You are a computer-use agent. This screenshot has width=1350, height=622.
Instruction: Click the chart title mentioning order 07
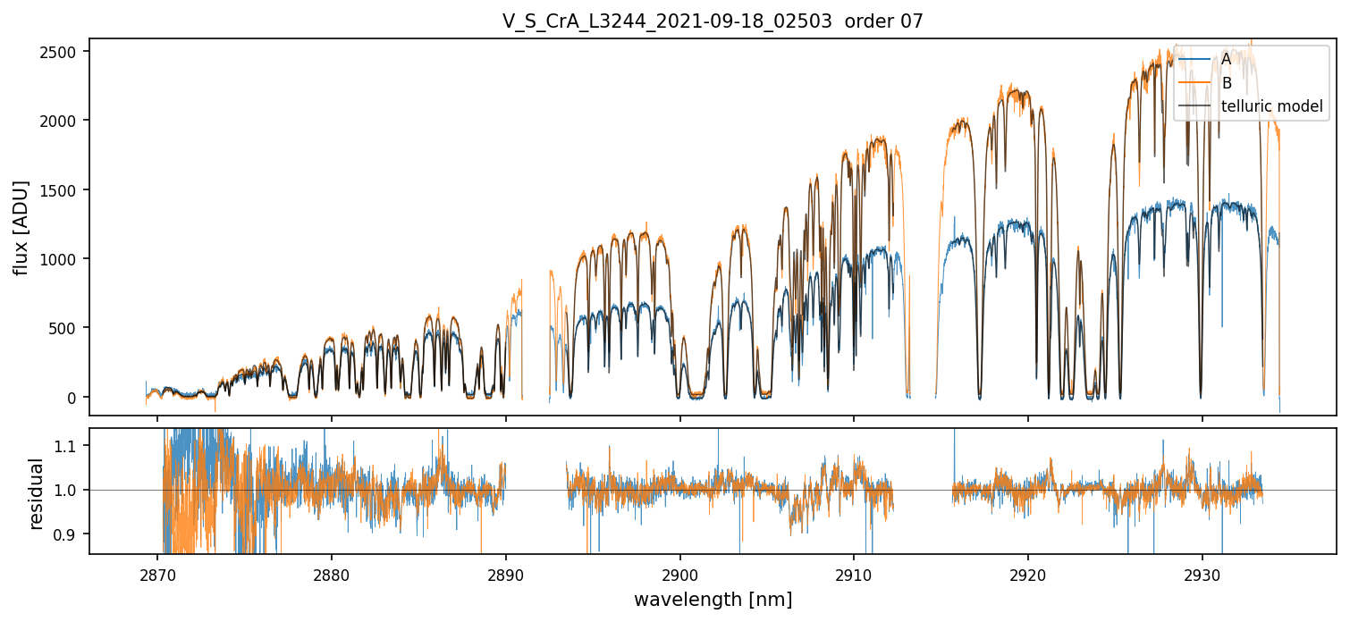pyautogui.click(x=713, y=21)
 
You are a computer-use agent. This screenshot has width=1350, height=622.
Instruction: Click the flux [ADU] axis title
pyautogui.click(x=20, y=227)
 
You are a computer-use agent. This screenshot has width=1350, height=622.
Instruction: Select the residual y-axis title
pyautogui.click(x=37, y=493)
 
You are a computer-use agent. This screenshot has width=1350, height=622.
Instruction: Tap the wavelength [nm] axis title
pyautogui.click(x=713, y=599)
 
